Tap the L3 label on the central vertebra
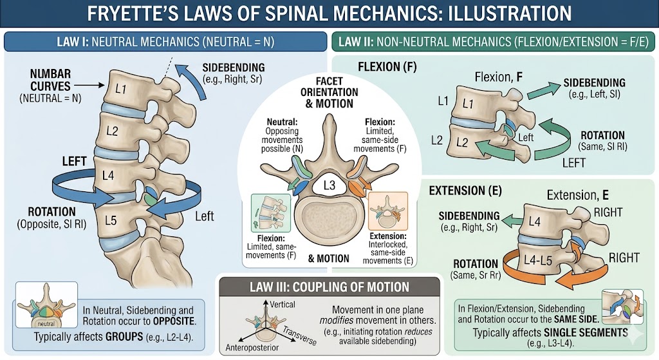pos(329,187)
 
